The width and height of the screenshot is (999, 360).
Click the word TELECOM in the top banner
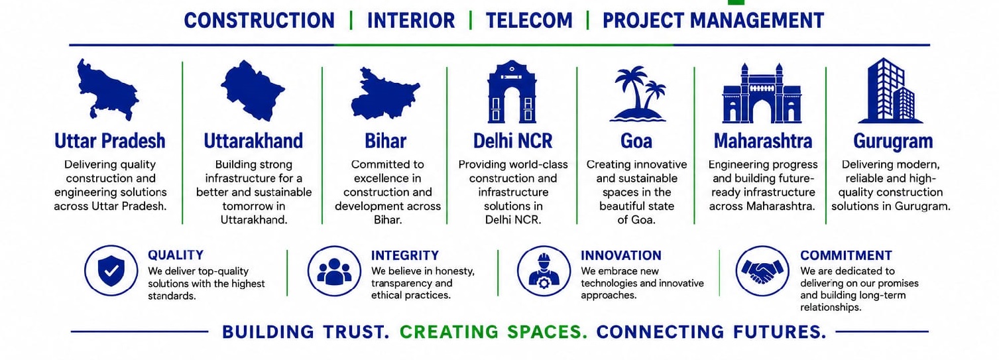point(529,21)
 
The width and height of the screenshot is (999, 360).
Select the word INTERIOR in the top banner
point(411,21)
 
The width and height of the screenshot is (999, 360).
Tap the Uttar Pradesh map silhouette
point(107,90)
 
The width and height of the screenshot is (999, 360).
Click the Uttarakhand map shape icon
point(253,91)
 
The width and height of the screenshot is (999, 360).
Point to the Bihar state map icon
point(384,93)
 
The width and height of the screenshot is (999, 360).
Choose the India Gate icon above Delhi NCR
point(512,92)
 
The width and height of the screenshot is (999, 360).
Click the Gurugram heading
point(893,141)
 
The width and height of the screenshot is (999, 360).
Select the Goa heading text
point(636,141)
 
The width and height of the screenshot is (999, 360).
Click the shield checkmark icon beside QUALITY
point(111,270)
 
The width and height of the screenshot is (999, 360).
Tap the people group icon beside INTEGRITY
point(334,270)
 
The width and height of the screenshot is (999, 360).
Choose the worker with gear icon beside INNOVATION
point(544,270)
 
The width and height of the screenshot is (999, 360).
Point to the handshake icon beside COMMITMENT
point(762,270)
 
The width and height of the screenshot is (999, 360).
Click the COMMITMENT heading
point(846,255)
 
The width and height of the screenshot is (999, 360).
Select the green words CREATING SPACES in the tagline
point(493,332)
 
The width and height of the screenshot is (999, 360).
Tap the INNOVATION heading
point(620,255)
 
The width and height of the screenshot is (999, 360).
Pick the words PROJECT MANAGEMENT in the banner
point(713,21)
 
